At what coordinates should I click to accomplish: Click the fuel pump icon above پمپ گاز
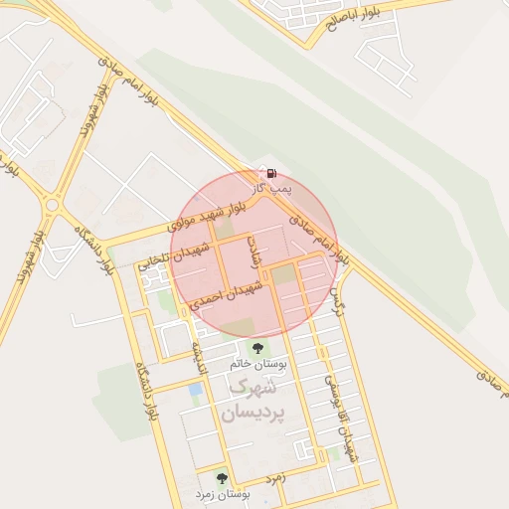pyautogui.click(x=262, y=172)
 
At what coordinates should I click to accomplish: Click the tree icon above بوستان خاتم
pyautogui.click(x=258, y=349)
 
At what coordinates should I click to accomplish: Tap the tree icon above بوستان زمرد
pyautogui.click(x=221, y=478)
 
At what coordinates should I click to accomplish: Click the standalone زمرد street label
pyautogui.click(x=275, y=477)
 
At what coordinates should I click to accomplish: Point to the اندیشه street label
pyautogui.click(x=198, y=356)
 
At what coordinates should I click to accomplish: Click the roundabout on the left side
pyautogui.click(x=51, y=206)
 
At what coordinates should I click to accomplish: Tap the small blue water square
pyautogui.click(x=195, y=389)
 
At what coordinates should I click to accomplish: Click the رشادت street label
pyautogui.click(x=254, y=253)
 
